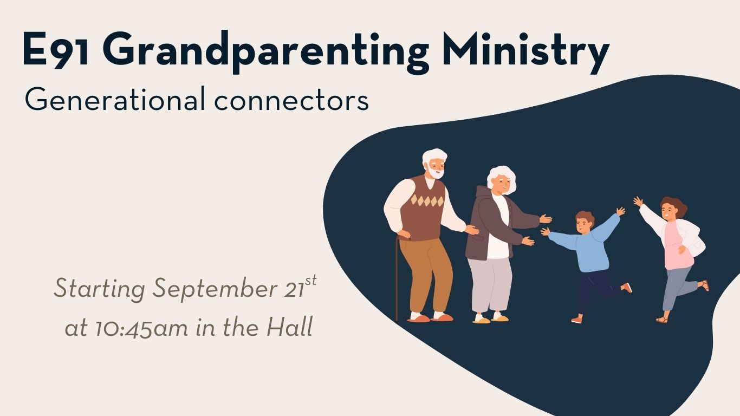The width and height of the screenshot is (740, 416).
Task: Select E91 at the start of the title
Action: pyautogui.click(x=56, y=50)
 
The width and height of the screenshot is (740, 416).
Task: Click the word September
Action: pyautogui.click(x=215, y=289)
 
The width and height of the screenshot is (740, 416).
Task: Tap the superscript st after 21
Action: pyautogui.click(x=311, y=281)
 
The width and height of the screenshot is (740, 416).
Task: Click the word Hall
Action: pyautogui.click(x=290, y=327)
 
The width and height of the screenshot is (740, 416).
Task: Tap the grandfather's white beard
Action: pyautogui.click(x=436, y=172)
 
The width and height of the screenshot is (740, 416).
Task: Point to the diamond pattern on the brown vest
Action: pyautogui.click(x=427, y=201)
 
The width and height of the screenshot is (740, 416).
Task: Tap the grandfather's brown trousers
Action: pyautogui.click(x=426, y=274)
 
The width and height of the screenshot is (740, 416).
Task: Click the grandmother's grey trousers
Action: pyautogui.click(x=490, y=285)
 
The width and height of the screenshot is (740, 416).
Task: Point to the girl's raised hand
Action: pyautogui.click(x=638, y=201)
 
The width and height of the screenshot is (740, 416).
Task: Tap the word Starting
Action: pyautogui.click(x=99, y=289)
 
